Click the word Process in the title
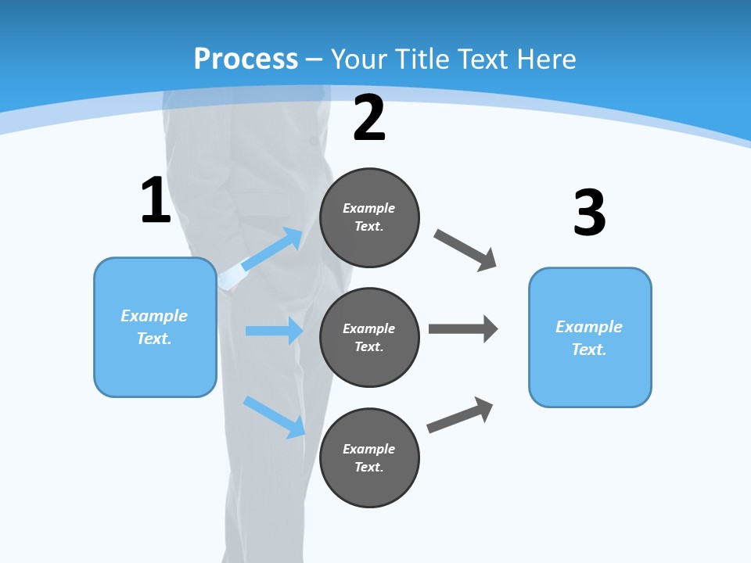click(246, 59)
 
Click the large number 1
click(156, 200)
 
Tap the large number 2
click(369, 118)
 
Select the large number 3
click(589, 213)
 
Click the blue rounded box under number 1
click(155, 327)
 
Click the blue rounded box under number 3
click(590, 337)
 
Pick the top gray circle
click(369, 217)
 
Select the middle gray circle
click(369, 337)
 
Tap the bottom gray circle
click(369, 457)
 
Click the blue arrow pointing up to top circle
click(273, 249)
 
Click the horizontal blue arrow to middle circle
click(274, 331)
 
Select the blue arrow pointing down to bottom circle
click(275, 417)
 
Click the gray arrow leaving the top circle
click(465, 250)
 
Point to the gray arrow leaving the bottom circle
click(460, 415)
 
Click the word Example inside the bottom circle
click(369, 449)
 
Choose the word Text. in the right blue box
click(589, 350)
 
